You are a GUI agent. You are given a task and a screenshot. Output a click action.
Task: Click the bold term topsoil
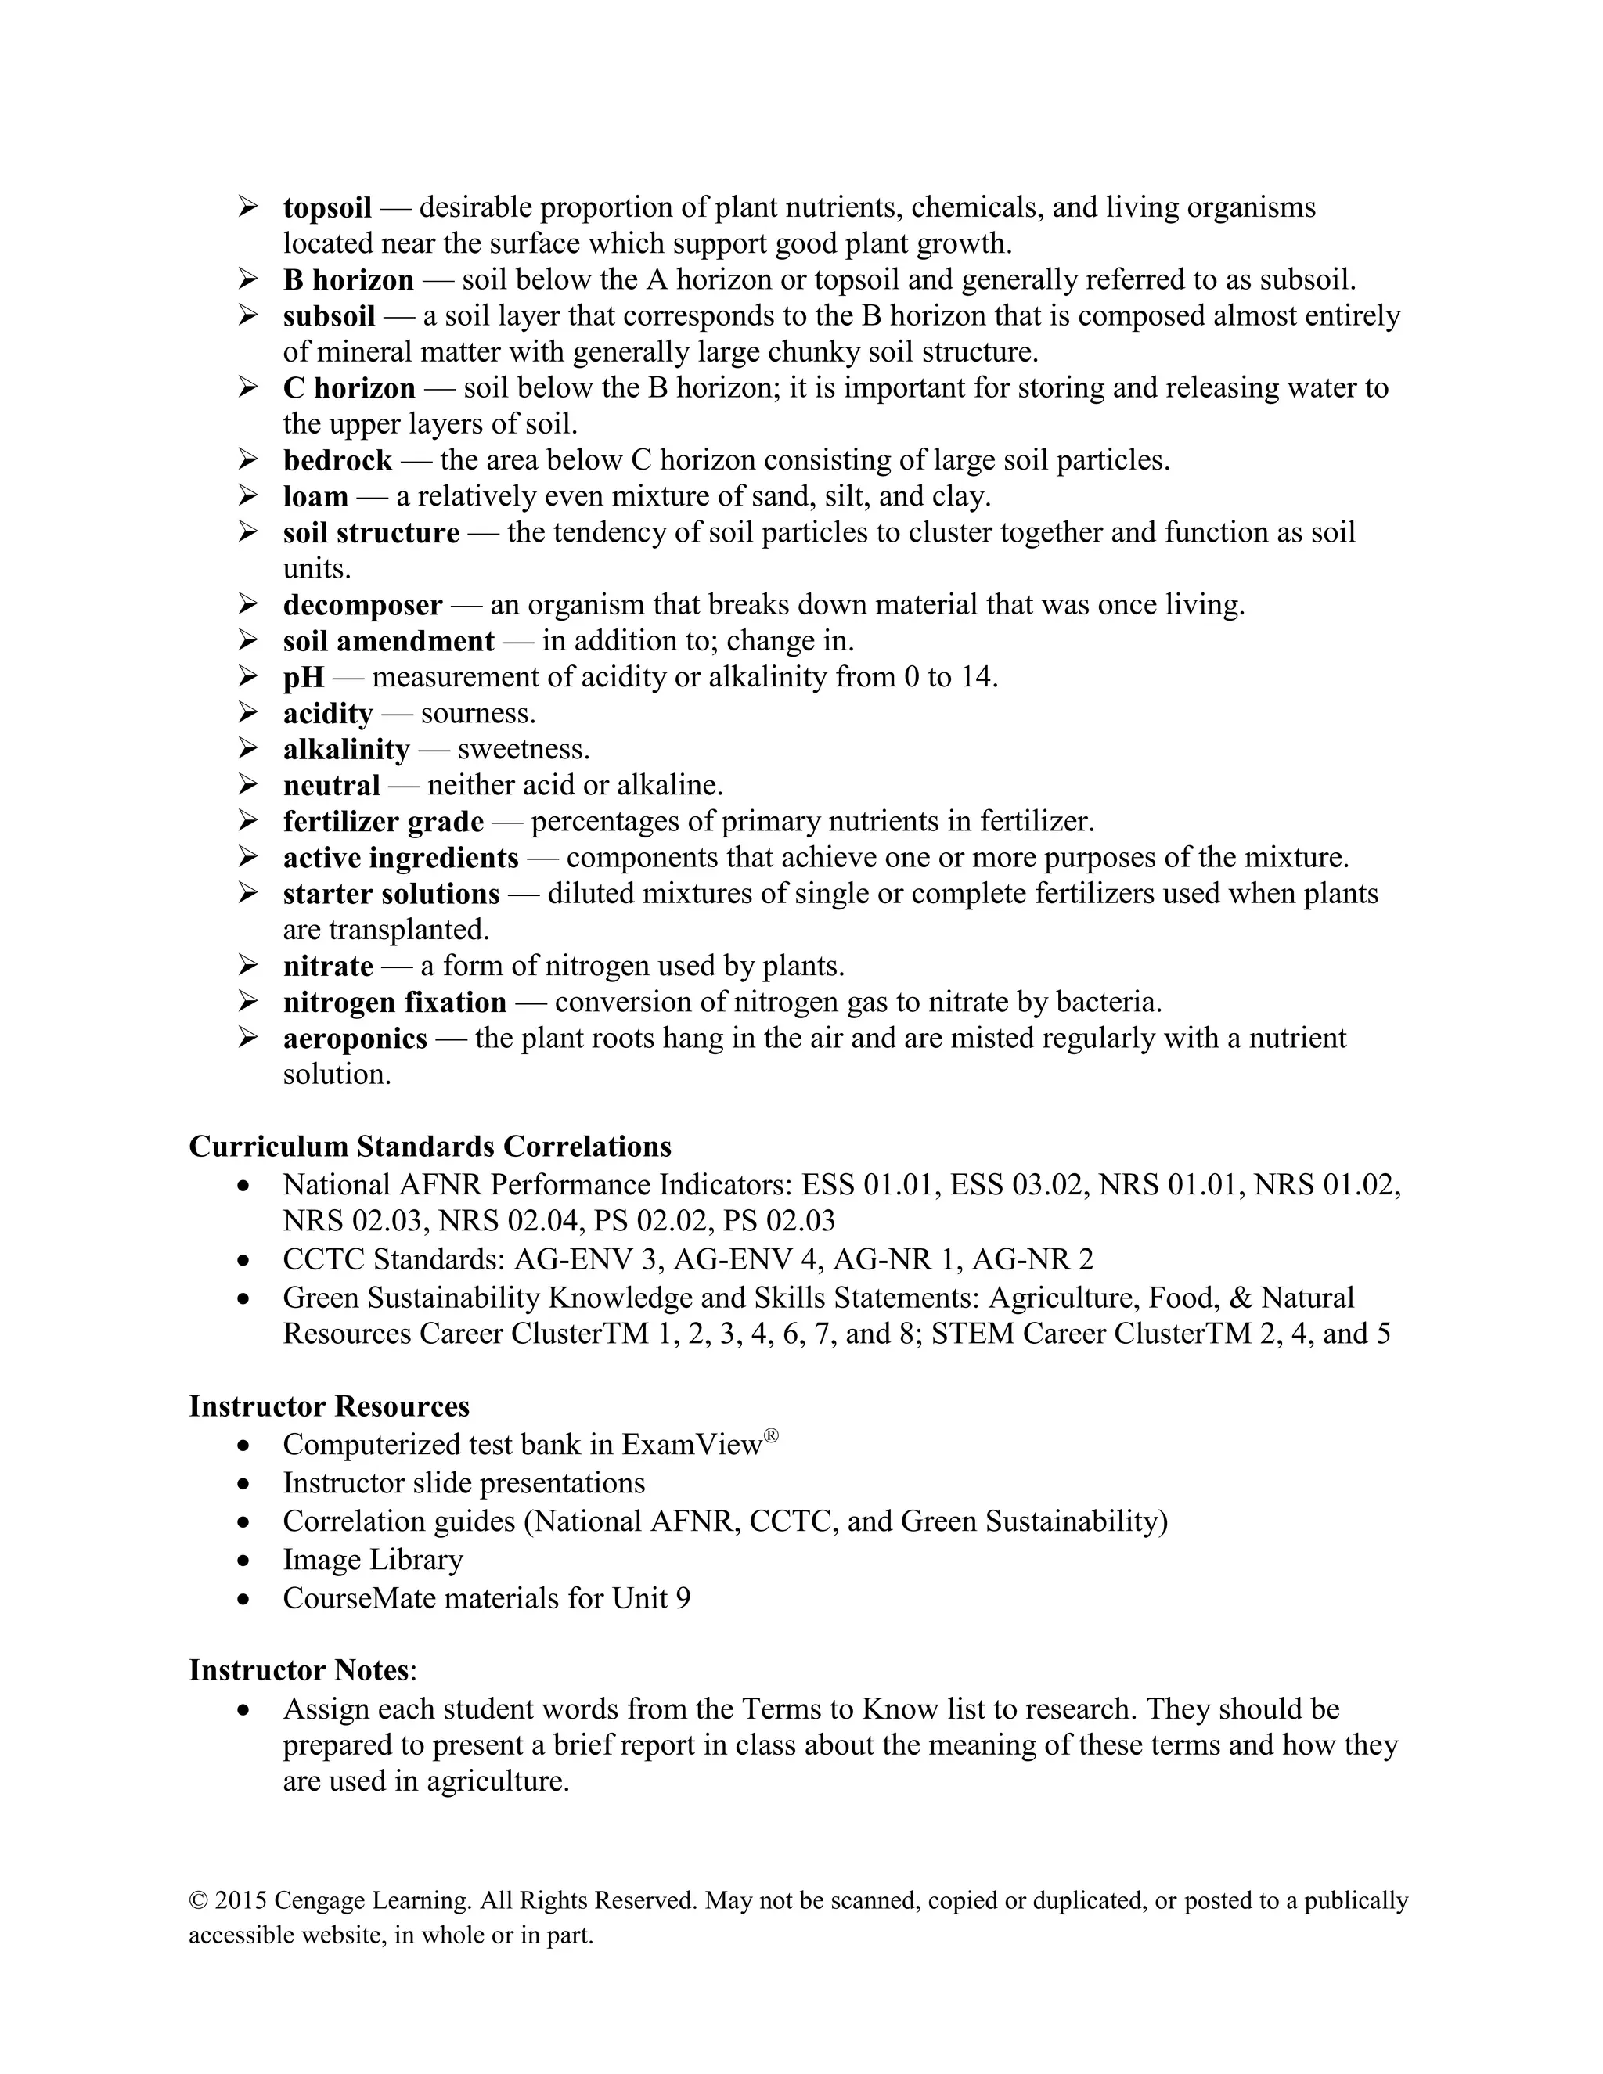point(326,208)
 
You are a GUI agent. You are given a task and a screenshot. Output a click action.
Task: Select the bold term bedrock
point(337,460)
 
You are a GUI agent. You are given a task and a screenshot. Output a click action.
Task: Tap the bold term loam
point(315,497)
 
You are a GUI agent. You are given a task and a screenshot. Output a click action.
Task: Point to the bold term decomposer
point(362,605)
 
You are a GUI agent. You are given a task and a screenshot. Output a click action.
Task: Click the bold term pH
point(303,677)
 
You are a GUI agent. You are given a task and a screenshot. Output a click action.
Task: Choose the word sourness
point(477,713)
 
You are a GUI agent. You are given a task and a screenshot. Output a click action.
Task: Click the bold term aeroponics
point(355,1038)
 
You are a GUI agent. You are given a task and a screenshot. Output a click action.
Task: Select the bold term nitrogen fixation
point(394,1002)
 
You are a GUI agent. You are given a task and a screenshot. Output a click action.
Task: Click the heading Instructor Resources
point(329,1406)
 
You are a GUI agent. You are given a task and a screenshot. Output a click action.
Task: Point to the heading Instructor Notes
point(299,1669)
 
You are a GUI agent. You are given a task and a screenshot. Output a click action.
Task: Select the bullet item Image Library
point(373,1559)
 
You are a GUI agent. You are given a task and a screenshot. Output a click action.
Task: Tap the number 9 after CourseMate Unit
point(683,1598)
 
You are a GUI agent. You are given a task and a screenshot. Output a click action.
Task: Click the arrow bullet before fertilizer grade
point(248,820)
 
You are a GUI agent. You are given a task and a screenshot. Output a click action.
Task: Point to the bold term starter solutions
point(391,894)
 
